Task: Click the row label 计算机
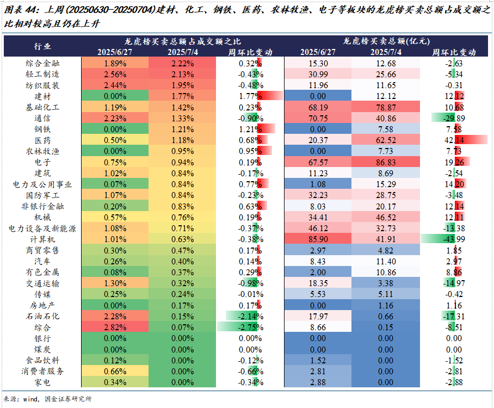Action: [x=42, y=239]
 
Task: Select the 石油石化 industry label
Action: [x=42, y=316]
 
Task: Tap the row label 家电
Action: [x=42, y=382]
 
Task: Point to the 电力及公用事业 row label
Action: [x=42, y=184]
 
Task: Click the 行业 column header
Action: [x=42, y=46]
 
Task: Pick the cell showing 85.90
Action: [x=318, y=239]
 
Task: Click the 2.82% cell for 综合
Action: [x=114, y=327]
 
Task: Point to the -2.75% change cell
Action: [x=250, y=327]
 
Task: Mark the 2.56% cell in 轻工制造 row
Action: [x=114, y=74]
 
